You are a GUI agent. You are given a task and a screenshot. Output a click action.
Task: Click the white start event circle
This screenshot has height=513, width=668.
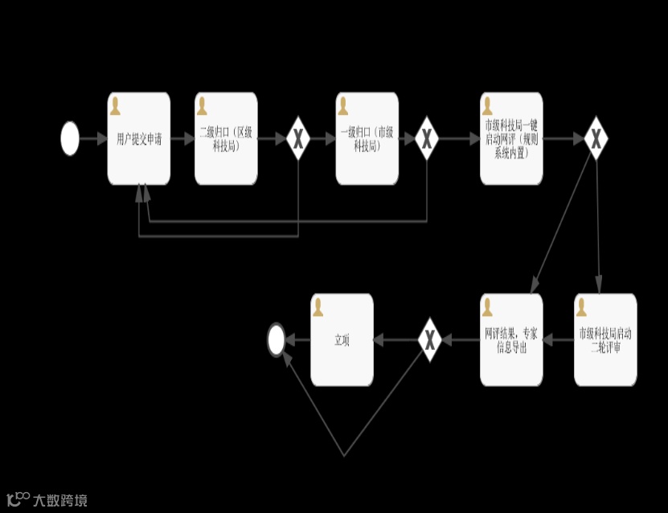pos(70,138)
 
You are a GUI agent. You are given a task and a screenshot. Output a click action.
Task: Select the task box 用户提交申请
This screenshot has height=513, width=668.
pos(139,138)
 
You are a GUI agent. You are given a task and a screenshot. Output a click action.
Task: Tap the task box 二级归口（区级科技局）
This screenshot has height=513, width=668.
pos(226,138)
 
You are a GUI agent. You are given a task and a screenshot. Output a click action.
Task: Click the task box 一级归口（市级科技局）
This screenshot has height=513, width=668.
pos(367,138)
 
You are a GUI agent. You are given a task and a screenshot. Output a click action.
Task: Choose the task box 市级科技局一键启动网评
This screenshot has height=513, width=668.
pos(511,138)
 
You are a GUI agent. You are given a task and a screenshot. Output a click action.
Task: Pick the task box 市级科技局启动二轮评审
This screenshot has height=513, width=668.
pos(605,340)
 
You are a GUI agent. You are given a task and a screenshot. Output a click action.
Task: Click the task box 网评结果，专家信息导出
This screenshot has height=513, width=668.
pos(511,340)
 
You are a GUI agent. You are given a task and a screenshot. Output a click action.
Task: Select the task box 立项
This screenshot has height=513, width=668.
pos(342,340)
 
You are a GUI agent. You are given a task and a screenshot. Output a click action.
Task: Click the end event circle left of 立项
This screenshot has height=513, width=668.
pos(277,340)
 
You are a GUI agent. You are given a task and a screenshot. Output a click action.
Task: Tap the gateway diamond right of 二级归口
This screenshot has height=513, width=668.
pos(298,138)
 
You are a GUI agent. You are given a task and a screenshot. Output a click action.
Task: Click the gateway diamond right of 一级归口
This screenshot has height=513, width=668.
pos(426,138)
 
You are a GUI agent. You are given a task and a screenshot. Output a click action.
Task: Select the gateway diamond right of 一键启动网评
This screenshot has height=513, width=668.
pos(596,138)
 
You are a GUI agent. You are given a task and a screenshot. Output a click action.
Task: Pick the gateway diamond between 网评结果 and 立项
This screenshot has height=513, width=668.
pos(430,340)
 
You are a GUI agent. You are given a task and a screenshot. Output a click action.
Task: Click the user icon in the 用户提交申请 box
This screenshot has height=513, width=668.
pos(116,105)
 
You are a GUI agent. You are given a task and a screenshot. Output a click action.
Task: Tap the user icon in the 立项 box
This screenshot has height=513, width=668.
pos(318,307)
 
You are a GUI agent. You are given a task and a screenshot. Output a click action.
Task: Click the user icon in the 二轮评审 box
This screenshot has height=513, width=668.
pos(582,307)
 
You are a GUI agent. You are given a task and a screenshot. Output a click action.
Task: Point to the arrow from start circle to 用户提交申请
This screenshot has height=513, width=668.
pos(93,138)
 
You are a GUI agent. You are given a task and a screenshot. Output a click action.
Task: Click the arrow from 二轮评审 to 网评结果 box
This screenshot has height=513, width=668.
pos(559,340)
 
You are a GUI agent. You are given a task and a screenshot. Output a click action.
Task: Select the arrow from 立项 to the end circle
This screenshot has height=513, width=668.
pos(298,340)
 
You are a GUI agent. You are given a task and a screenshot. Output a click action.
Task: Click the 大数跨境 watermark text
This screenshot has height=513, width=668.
pos(59,500)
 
